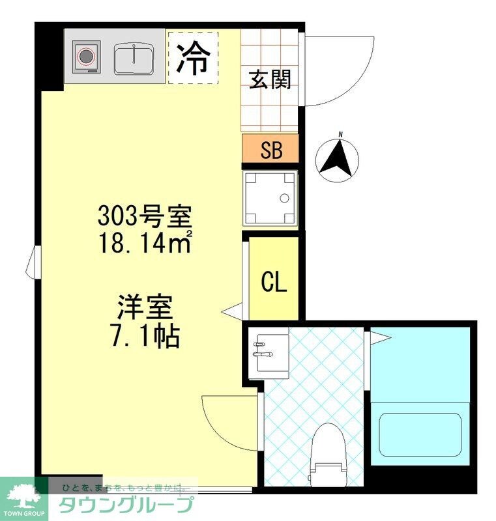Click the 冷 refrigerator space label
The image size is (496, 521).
click(x=193, y=57)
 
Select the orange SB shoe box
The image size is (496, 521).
click(x=270, y=149)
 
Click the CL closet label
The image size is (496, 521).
click(x=274, y=281)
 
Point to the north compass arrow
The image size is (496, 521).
click(x=337, y=158)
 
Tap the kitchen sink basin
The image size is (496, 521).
click(x=134, y=59)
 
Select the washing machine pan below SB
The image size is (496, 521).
click(x=270, y=198)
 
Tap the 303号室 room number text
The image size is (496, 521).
click(x=143, y=214)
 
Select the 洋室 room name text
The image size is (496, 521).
click(x=145, y=306)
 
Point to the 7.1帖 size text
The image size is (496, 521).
click(x=145, y=335)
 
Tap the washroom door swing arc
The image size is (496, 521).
click(x=225, y=420)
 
